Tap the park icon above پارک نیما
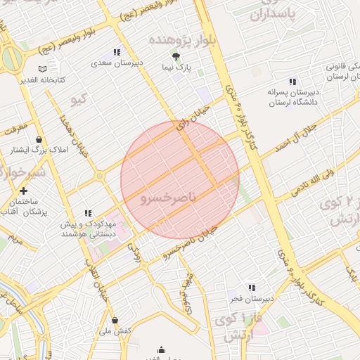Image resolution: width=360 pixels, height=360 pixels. (176, 57)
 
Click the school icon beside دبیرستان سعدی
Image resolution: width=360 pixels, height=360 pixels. (117, 52)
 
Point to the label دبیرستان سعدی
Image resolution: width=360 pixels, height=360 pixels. (117, 63)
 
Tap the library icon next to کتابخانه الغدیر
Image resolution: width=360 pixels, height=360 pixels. (43, 69)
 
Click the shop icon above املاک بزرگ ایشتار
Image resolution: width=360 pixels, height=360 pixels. (39, 139)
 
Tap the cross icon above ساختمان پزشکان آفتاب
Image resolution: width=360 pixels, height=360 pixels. (24, 190)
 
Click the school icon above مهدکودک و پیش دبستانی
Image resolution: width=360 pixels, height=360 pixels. (88, 213)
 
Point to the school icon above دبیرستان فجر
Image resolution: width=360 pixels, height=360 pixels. (252, 287)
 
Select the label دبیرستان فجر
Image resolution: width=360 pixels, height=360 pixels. (251, 298)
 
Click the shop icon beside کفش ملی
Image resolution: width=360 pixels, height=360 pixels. (115, 321)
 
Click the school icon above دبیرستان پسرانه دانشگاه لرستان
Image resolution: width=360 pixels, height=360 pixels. (292, 81)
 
